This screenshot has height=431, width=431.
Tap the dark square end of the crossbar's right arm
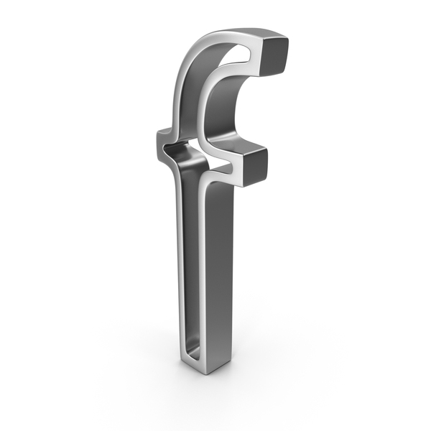coord(255,167)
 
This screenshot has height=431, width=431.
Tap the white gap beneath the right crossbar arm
coord(220,168)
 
